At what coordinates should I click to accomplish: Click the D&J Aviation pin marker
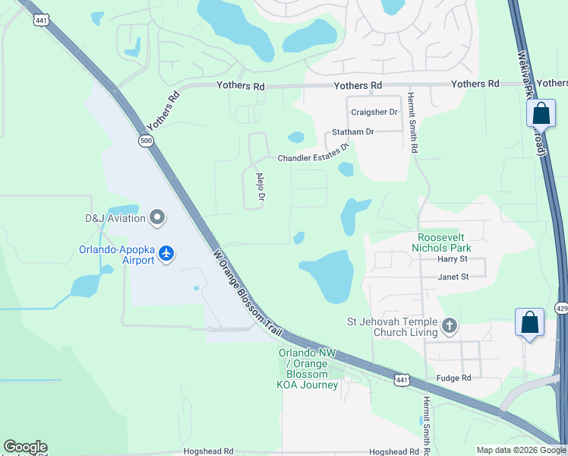[x=157, y=218]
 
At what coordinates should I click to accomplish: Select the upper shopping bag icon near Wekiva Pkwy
[x=541, y=114]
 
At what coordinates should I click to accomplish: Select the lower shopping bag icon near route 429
[x=529, y=321]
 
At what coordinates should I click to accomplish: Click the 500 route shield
[x=146, y=141]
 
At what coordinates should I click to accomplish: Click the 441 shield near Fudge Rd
[x=402, y=378]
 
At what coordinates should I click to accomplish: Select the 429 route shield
[x=561, y=308]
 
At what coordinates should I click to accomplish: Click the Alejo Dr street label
[x=260, y=188]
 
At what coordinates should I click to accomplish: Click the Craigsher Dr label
[x=374, y=112]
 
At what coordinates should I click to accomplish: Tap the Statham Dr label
[x=354, y=131]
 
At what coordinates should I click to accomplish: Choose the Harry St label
[x=452, y=259]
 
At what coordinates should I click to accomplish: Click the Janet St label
[x=453, y=277]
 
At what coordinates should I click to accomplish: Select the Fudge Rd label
[x=454, y=378]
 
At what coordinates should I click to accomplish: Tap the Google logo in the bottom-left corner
[x=25, y=447]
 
